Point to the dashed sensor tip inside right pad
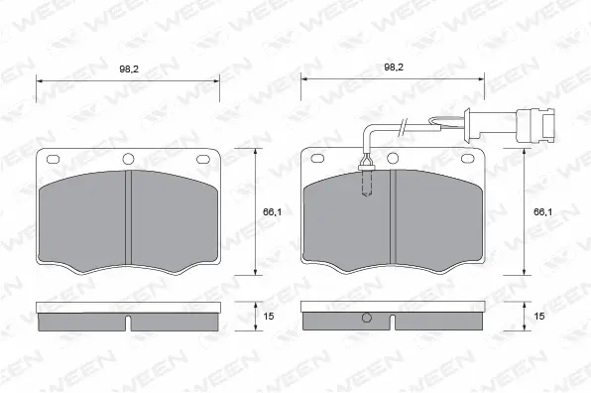coord(368,185)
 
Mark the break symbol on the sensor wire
coord(402,124)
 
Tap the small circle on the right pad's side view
coord(368,319)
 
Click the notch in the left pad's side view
coord(130,323)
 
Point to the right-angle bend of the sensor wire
coord(369,127)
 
